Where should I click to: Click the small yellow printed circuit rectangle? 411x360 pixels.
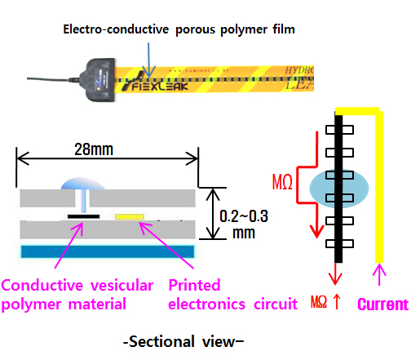pos(129,217)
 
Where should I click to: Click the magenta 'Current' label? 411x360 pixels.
pos(382,305)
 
